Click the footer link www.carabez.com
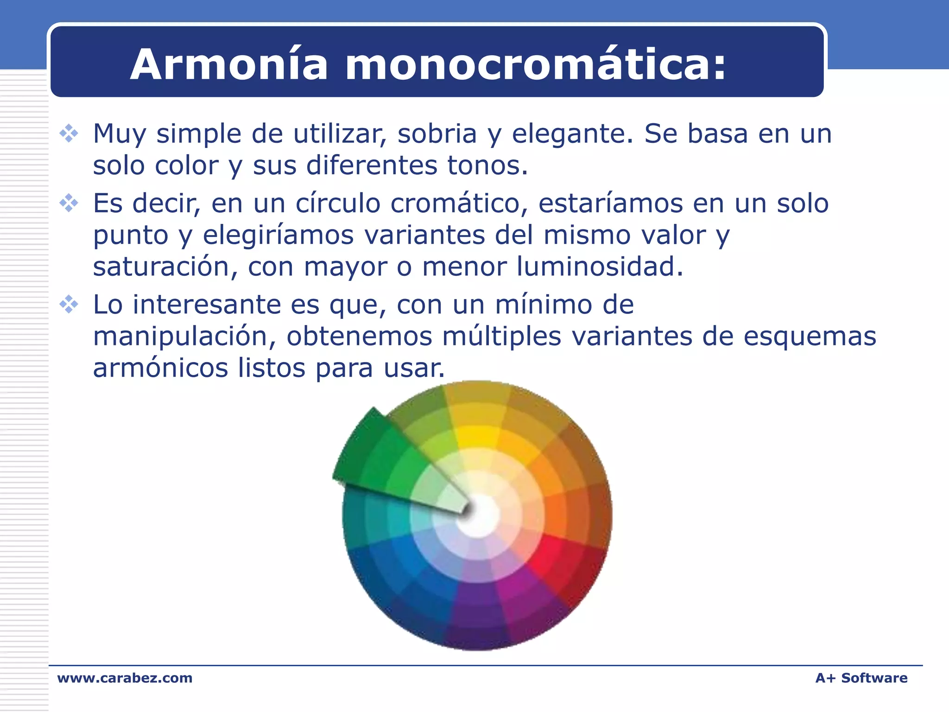(125, 678)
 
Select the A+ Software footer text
(861, 678)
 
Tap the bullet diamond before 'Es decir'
(69, 203)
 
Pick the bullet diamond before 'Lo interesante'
(69, 305)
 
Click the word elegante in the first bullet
(572, 134)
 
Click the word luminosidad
(600, 267)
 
